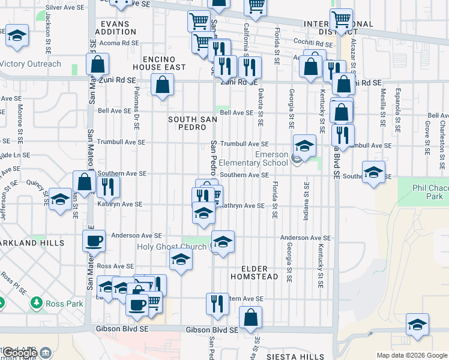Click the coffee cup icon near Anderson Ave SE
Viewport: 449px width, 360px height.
click(x=93, y=241)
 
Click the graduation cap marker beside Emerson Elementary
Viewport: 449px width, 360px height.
click(x=304, y=146)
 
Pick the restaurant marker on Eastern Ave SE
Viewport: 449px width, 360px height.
click(x=217, y=304)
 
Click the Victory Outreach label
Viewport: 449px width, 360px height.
click(x=31, y=64)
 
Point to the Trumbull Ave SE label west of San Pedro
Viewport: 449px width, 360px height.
click(x=121, y=143)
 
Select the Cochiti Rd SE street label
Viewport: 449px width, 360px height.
click(x=313, y=43)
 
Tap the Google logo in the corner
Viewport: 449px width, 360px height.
click(x=20, y=353)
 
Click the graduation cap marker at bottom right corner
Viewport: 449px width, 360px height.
click(x=417, y=324)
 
